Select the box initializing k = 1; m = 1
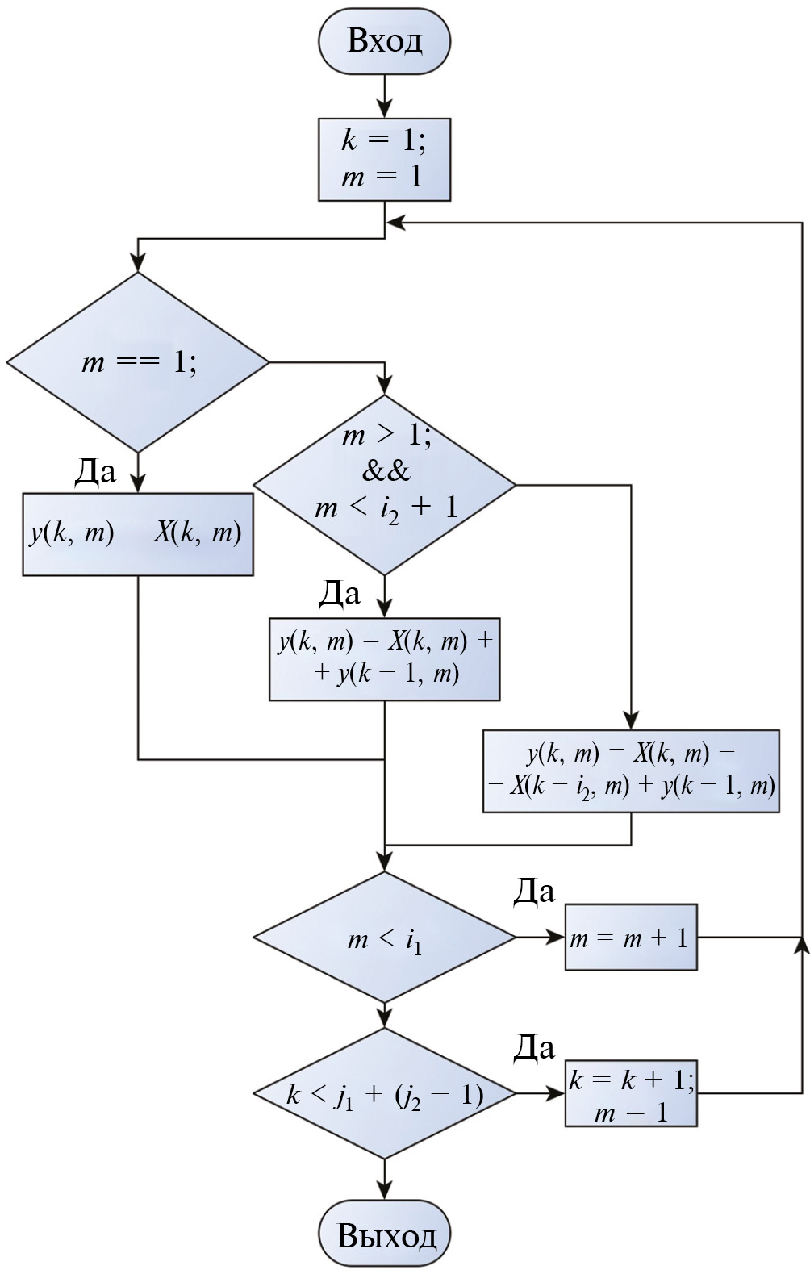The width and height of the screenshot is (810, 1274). [x=384, y=160]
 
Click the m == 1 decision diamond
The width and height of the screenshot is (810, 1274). [x=138, y=362]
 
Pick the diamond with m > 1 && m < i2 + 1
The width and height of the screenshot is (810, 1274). [x=384, y=485]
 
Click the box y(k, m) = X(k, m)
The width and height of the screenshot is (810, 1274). [x=138, y=534]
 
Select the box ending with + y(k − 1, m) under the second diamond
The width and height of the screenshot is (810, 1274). [x=384, y=658]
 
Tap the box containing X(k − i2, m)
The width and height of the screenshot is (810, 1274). [x=631, y=771]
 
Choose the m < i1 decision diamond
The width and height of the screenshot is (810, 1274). [x=384, y=938]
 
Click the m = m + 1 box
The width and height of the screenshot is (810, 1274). [x=631, y=938]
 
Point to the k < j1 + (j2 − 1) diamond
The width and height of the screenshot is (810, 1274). [x=384, y=1094]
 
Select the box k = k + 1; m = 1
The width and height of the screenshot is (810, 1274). [x=631, y=1094]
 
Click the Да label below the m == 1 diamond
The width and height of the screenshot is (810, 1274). [x=95, y=471]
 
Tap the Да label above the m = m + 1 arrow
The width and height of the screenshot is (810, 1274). [x=534, y=891]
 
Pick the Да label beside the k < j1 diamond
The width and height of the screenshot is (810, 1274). [x=534, y=1047]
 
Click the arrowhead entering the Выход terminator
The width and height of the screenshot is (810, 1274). [x=384, y=1191]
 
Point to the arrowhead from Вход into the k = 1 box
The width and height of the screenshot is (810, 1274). [x=384, y=109]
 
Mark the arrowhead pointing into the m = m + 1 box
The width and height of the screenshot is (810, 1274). [x=556, y=938]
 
